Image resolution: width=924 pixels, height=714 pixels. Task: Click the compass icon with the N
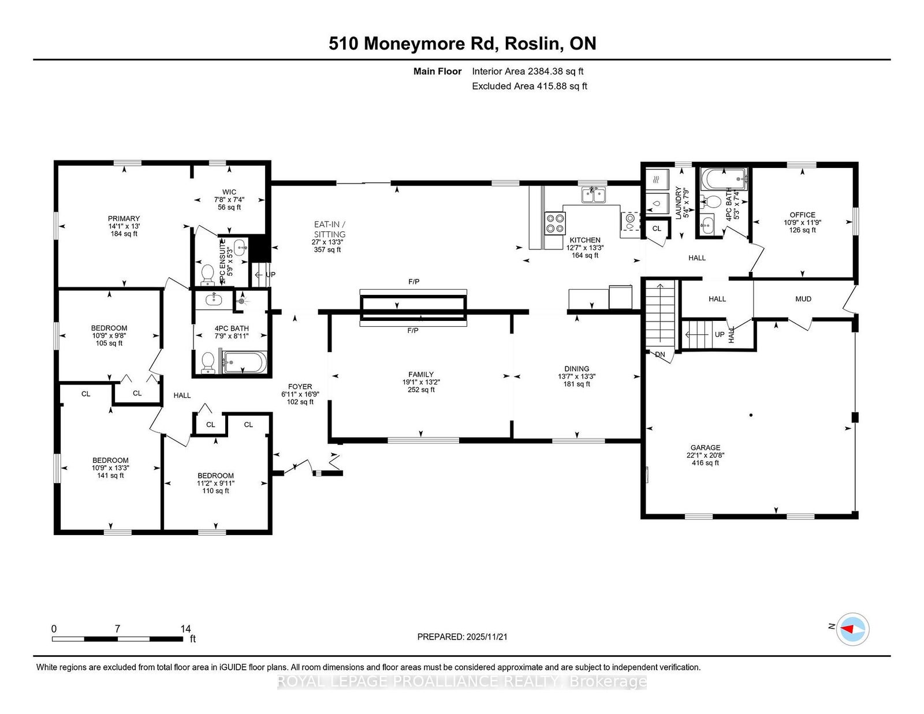(x=854, y=629)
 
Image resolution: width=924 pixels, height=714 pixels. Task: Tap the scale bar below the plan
(x=117, y=639)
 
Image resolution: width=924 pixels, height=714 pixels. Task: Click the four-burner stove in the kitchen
(x=556, y=223)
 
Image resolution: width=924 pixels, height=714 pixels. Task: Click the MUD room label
(x=803, y=299)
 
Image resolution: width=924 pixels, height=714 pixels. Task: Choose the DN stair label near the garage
(x=660, y=354)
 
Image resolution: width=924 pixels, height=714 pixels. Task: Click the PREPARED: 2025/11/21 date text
(x=462, y=637)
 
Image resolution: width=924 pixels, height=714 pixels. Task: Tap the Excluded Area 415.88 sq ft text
(x=530, y=86)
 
